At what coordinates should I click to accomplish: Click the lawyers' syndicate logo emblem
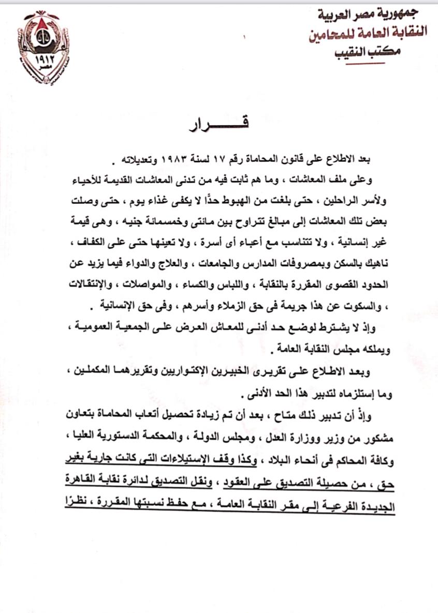47,47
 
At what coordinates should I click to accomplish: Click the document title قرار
219,124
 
